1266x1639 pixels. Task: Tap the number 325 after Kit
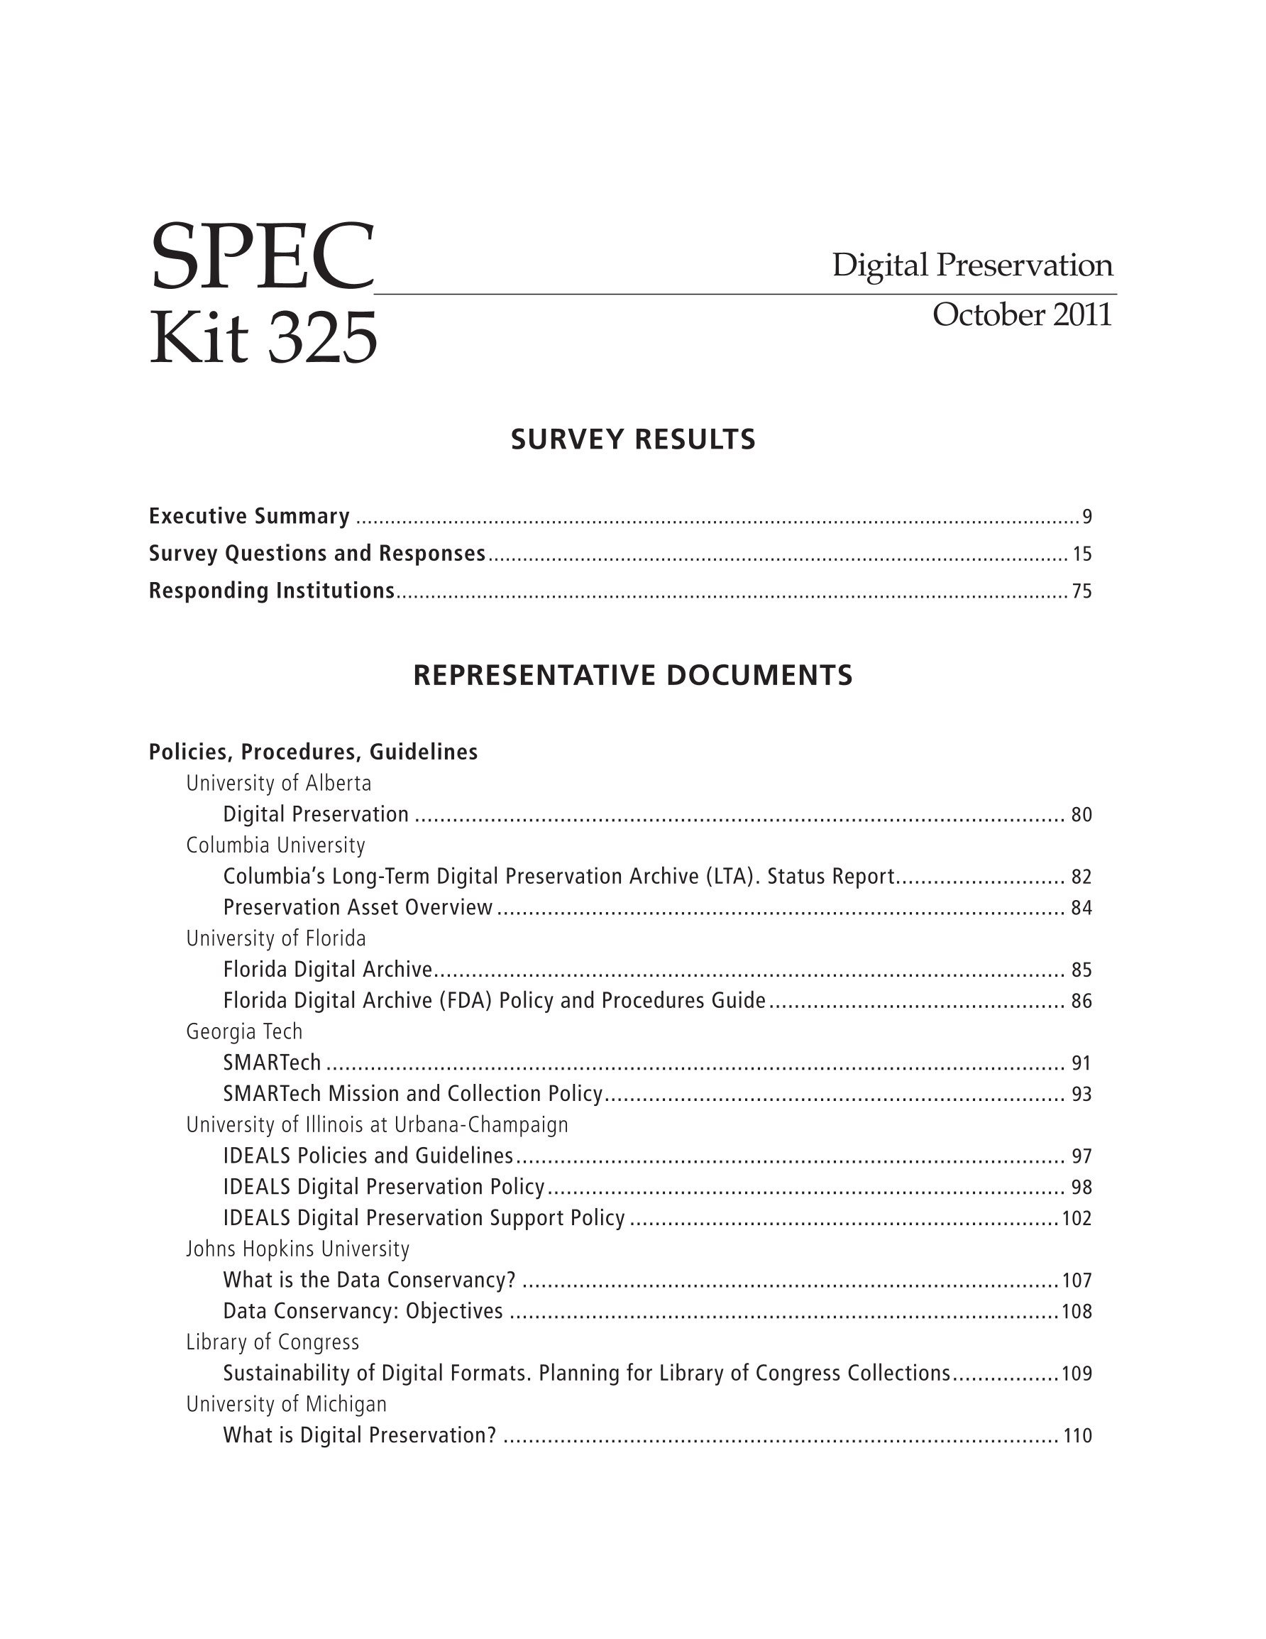(x=322, y=338)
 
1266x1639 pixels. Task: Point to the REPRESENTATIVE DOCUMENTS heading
(x=632, y=676)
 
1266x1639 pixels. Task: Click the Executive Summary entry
(x=249, y=516)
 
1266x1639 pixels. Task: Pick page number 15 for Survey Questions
(x=1081, y=554)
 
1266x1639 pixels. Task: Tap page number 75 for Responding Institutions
(x=1081, y=592)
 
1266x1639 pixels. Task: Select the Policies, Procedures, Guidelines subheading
(x=313, y=752)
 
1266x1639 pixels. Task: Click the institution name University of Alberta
(x=278, y=784)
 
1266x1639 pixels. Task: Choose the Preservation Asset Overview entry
(x=358, y=908)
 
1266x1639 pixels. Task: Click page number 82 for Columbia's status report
(x=1081, y=877)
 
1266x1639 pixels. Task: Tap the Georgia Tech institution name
(x=244, y=1032)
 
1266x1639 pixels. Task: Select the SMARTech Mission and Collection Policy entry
(x=413, y=1094)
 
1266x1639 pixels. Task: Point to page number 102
(x=1077, y=1219)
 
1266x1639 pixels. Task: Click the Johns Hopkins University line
(x=298, y=1249)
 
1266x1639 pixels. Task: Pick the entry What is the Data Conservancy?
(x=369, y=1281)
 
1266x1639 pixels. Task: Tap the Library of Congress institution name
(x=273, y=1342)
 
